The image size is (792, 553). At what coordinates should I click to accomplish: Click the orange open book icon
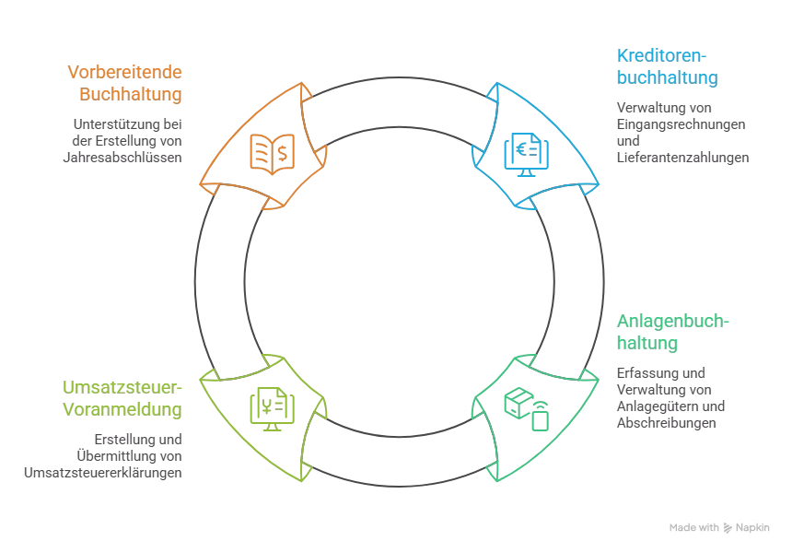(273, 154)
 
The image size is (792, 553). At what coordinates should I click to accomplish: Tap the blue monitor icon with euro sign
(527, 155)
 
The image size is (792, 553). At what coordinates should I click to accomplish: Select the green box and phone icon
(527, 409)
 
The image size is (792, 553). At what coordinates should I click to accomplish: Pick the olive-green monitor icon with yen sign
(273, 409)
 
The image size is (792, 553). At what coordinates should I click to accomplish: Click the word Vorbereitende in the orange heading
(124, 72)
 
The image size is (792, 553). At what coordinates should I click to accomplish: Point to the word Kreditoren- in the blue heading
(661, 55)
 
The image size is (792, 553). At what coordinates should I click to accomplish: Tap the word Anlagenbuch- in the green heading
(673, 321)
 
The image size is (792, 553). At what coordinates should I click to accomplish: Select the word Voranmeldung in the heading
(122, 409)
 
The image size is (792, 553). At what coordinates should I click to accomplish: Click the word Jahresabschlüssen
(122, 158)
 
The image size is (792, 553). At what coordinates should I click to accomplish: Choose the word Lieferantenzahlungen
(683, 158)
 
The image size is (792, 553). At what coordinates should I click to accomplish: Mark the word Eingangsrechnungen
(681, 124)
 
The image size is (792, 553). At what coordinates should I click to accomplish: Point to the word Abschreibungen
(666, 423)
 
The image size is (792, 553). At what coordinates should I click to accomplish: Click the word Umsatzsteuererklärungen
(103, 473)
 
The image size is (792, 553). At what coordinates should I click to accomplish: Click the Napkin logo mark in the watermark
(728, 528)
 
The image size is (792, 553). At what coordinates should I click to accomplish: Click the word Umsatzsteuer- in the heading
(122, 387)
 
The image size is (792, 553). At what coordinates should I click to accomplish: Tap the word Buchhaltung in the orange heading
(131, 94)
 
